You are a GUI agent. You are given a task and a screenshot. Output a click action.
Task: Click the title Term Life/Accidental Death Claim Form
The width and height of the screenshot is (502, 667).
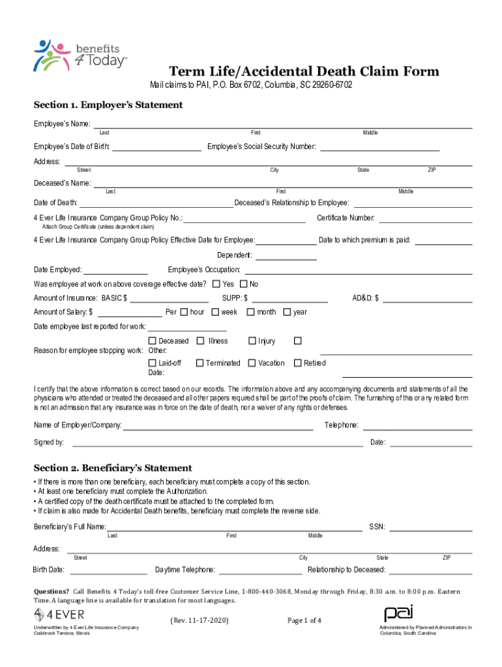coord(304,72)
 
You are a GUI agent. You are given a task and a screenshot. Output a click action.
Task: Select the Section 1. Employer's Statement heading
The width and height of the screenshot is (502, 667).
coord(108,105)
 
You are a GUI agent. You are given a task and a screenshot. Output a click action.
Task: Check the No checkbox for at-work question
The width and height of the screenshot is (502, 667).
coord(244,284)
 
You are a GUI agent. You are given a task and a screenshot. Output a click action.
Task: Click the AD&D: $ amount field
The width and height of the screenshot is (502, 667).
coord(428,298)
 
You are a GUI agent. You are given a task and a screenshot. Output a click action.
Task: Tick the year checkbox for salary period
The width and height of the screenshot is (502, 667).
coord(287,312)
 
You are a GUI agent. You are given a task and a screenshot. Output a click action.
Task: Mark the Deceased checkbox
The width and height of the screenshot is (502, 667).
coord(153,341)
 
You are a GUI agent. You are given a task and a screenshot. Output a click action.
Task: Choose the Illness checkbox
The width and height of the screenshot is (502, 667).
coord(201,341)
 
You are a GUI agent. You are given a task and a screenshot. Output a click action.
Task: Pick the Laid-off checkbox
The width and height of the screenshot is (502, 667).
coord(153,363)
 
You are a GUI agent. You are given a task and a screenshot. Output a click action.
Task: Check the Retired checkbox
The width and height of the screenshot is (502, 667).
coord(298,363)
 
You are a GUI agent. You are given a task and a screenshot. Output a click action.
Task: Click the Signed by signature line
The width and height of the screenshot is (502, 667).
coord(217,442)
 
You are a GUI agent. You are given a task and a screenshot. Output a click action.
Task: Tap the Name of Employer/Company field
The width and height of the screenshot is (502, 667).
coord(218,426)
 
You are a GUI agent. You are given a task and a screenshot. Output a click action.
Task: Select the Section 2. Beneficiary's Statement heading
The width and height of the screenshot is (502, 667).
coord(113,468)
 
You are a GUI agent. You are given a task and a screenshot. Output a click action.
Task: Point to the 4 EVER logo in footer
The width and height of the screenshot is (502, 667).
coord(59,614)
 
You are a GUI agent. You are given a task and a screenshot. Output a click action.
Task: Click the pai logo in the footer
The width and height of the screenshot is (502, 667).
coord(399,614)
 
